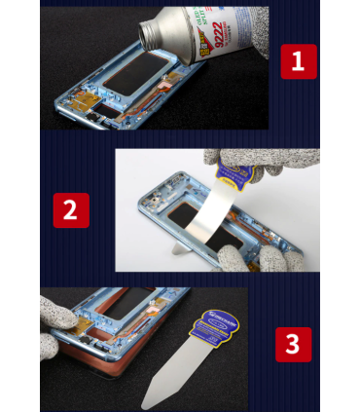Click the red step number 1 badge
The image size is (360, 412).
click(298, 61)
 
